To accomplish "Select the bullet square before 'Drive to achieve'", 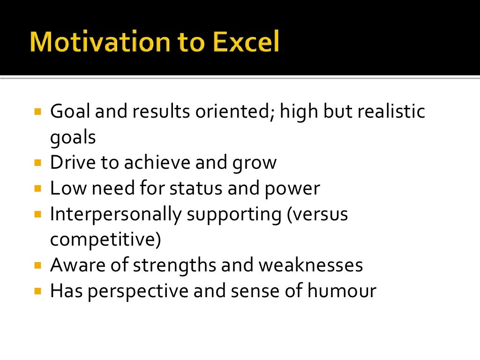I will (38, 164).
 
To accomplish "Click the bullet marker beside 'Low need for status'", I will (38, 189).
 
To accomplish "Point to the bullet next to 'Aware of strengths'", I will (38, 266).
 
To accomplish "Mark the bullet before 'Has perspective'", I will (38, 291).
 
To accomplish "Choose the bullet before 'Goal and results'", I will (38, 112).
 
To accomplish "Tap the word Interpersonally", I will (115, 215).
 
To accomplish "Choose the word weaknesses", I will (310, 265).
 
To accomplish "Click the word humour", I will (342, 291).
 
